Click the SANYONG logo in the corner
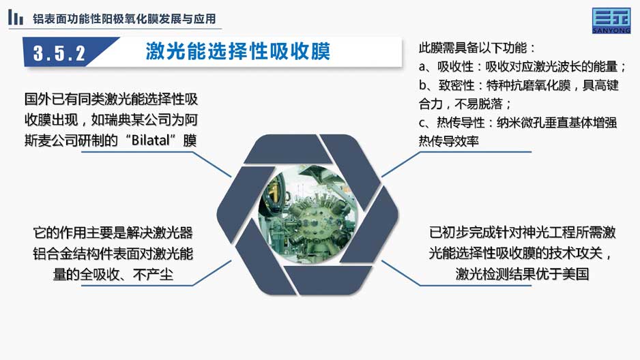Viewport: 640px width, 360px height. [611, 20]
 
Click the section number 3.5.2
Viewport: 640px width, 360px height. [59, 53]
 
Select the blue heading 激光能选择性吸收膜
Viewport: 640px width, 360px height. [237, 52]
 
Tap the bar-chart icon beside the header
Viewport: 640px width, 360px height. [16, 18]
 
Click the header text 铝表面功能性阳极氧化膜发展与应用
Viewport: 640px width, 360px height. [124, 19]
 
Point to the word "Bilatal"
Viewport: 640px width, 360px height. [151, 140]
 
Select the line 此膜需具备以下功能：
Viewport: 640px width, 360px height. [477, 48]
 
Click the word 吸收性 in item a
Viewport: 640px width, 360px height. [455, 66]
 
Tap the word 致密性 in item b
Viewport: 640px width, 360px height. [456, 85]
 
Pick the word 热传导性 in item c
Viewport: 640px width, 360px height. [461, 122]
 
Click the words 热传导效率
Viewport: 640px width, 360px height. [448, 141]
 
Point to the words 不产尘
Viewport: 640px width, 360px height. [153, 274]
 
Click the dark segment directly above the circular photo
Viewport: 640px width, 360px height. [288, 149]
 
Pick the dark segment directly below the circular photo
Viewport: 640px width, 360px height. [328, 280]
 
